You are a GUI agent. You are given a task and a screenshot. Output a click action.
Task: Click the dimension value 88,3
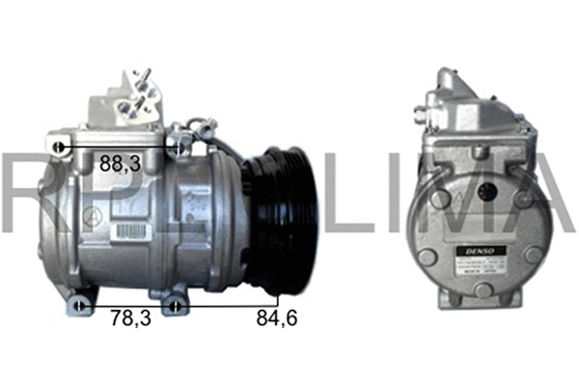point(121,165)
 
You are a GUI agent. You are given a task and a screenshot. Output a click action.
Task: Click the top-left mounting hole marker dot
point(60,148)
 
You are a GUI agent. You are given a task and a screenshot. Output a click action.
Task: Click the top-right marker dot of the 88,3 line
point(179,148)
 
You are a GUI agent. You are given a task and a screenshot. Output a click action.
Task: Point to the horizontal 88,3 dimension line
point(120,148)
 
